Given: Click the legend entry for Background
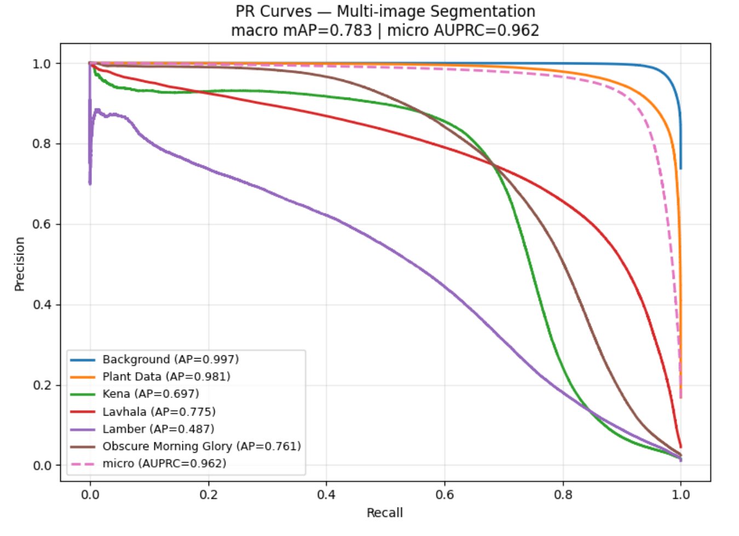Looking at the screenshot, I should coord(170,360).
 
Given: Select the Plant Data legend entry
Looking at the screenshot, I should coord(166,377).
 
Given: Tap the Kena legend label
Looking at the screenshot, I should coord(151,394).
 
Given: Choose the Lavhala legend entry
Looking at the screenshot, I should coord(159,412).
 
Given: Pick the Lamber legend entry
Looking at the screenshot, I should coord(158,429).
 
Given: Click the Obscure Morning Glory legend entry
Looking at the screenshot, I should coord(201,446).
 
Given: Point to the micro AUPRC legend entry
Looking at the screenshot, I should coord(164,464).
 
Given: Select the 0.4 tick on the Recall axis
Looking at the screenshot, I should coord(326,495).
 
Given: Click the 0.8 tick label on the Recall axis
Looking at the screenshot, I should coord(563,495).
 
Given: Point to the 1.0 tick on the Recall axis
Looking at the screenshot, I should coord(680,495).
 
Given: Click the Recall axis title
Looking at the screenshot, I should coord(384,513).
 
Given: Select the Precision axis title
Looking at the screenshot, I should coord(20,264).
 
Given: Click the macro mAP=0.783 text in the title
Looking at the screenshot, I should coord(301,31).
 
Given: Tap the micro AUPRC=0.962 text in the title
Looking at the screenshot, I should coord(463,31).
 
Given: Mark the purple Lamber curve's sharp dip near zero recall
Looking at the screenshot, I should coord(90,182).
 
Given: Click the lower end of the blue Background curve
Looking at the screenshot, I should coord(680,168).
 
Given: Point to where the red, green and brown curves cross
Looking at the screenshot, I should coord(493,164).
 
